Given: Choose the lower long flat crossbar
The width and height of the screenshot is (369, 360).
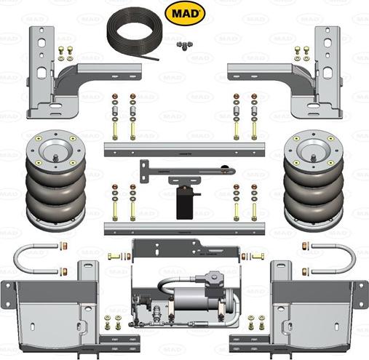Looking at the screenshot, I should point(183,228).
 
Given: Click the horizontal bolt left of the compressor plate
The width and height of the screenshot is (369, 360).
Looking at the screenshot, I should point(116,257).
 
